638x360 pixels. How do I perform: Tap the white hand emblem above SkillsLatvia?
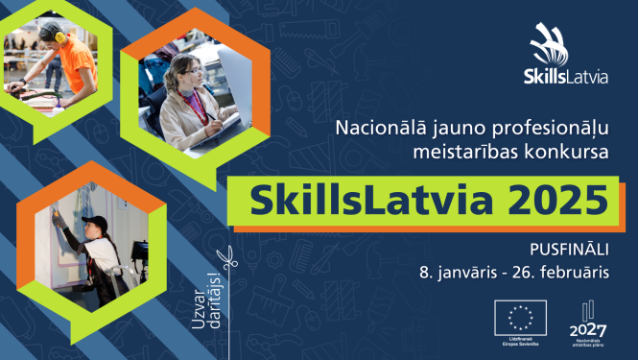[x=555, y=44]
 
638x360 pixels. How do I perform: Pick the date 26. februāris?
[x=568, y=272]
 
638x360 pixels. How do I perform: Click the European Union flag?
[x=520, y=314]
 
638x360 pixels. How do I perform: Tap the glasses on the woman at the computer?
[x=193, y=71]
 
